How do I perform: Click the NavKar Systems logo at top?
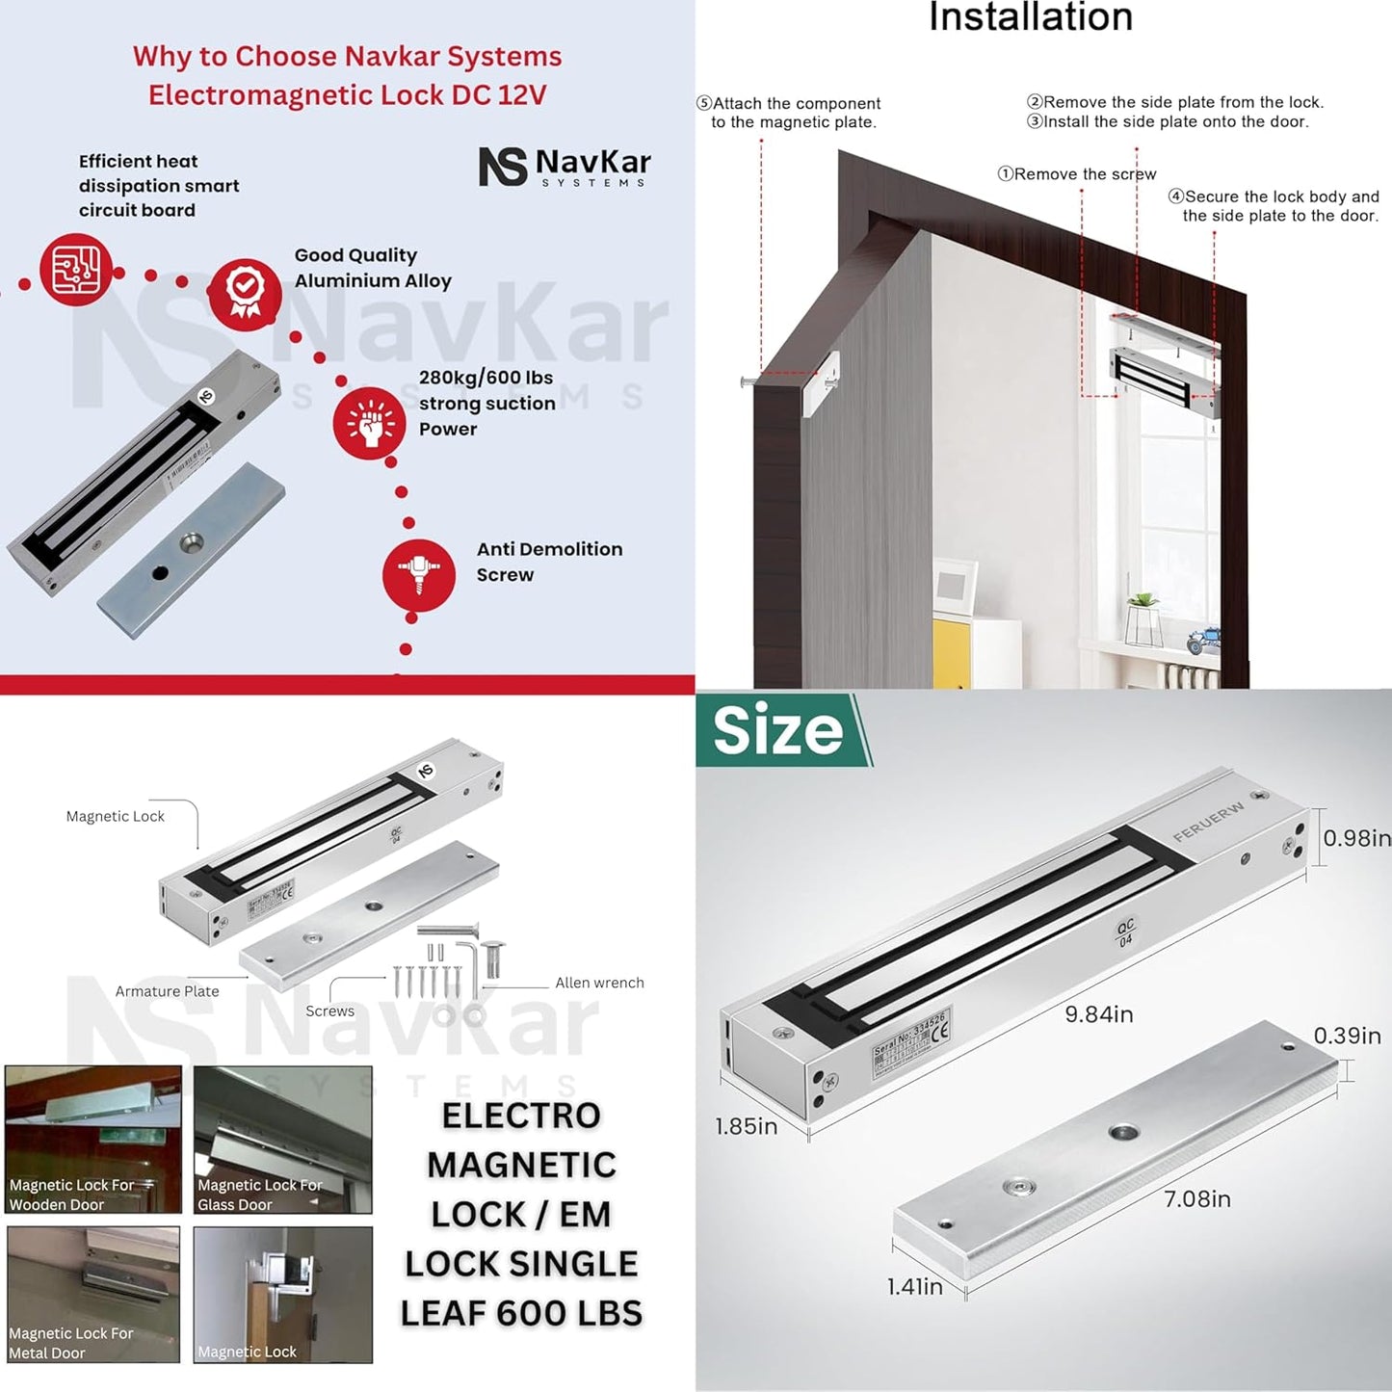[x=565, y=166]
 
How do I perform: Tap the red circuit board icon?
[x=76, y=270]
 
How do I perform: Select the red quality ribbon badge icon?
[x=245, y=293]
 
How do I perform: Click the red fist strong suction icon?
[x=369, y=423]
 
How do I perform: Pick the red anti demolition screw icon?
[x=418, y=575]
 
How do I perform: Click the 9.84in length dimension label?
[x=1098, y=1014]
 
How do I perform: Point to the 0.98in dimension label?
[x=1355, y=838]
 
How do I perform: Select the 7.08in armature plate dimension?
[x=1196, y=1199]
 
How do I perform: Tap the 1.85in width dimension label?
[x=746, y=1126]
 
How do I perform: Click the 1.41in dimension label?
[x=914, y=1286]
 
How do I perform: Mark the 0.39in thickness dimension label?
[x=1347, y=1036]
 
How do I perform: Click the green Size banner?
[x=780, y=730]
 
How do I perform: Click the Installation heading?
[x=1030, y=18]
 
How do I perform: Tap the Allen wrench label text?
[x=599, y=983]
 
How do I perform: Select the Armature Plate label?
[x=167, y=991]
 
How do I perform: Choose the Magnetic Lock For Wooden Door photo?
[x=92, y=1139]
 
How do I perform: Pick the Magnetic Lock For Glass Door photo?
[x=282, y=1139]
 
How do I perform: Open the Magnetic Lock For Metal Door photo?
[x=92, y=1294]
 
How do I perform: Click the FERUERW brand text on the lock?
[x=1208, y=822]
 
